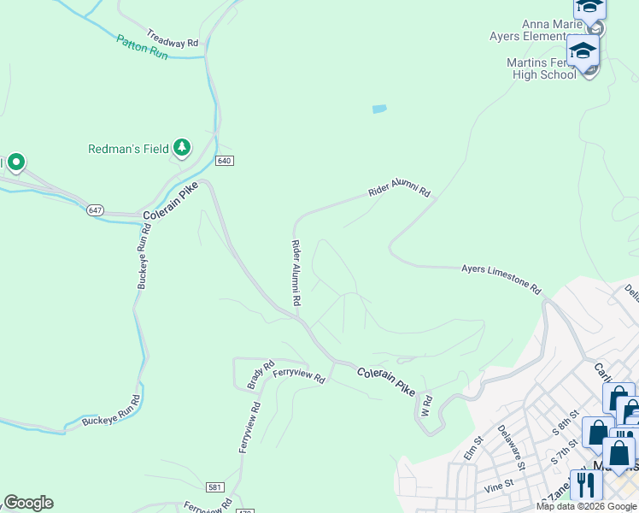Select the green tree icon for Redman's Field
181,148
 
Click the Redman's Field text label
128,149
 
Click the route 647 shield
95,209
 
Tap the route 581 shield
216,486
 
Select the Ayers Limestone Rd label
501,279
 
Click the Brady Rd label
255,374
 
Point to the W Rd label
426,404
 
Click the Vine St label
497,484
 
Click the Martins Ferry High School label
540,68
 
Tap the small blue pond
379,109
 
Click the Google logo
28,503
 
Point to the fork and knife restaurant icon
585,486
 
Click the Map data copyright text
587,506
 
